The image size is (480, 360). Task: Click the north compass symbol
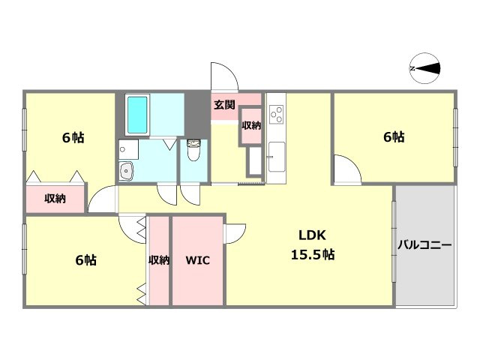click(x=424, y=68)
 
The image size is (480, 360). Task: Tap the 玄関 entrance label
click(x=224, y=105)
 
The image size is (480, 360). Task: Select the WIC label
click(x=197, y=260)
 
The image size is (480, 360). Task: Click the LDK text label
click(x=312, y=235)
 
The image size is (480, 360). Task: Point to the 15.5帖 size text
click(x=312, y=254)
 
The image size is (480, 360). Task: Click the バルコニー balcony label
click(x=424, y=245)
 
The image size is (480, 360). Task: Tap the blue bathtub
click(x=137, y=115)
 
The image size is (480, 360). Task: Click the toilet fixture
click(x=193, y=150)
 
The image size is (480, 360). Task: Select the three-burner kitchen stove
click(x=276, y=114)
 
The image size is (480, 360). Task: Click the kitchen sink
click(x=277, y=157)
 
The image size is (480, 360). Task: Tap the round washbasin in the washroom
click(x=126, y=171)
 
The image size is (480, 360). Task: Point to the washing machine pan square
click(x=128, y=149)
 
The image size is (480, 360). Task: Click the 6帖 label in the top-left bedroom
click(x=73, y=138)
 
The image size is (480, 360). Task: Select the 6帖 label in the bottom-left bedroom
click(x=86, y=260)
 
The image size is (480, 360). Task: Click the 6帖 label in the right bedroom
click(x=394, y=136)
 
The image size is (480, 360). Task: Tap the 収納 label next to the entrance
click(x=251, y=125)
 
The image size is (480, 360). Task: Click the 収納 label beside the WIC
click(x=159, y=260)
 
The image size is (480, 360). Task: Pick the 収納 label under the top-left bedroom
click(x=55, y=198)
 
